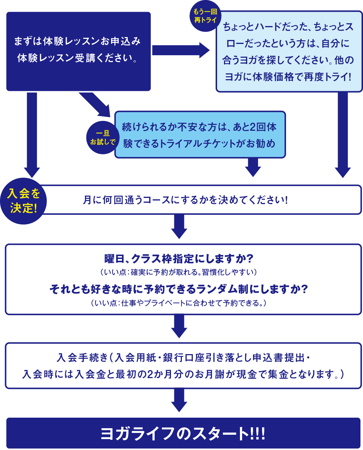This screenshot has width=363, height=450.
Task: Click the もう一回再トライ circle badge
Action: coord(205,16)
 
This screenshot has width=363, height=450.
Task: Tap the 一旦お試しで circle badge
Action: coord(103,138)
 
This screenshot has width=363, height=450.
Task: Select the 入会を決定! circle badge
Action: coord(24,201)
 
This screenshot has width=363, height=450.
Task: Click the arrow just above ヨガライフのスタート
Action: coord(179,400)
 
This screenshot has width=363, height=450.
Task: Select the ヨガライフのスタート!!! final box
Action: coord(183,433)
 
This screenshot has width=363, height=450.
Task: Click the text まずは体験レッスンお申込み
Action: coord(77,41)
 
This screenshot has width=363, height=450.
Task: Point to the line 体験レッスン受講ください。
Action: coord(77,58)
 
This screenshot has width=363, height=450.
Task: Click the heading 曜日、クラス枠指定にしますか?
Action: coord(179,259)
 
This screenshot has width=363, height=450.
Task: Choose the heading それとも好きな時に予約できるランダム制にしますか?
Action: coord(179,289)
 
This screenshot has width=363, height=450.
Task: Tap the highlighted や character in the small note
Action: coord(140,303)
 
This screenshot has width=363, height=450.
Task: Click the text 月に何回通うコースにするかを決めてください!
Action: coord(185,200)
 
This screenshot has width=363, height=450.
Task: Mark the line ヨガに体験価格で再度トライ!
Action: coord(288,77)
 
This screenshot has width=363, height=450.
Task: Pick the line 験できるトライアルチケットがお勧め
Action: coord(199,144)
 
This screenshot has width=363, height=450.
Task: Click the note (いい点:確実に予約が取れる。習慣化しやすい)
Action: coord(179,272)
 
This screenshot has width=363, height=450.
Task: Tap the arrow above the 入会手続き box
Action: coord(179,326)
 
